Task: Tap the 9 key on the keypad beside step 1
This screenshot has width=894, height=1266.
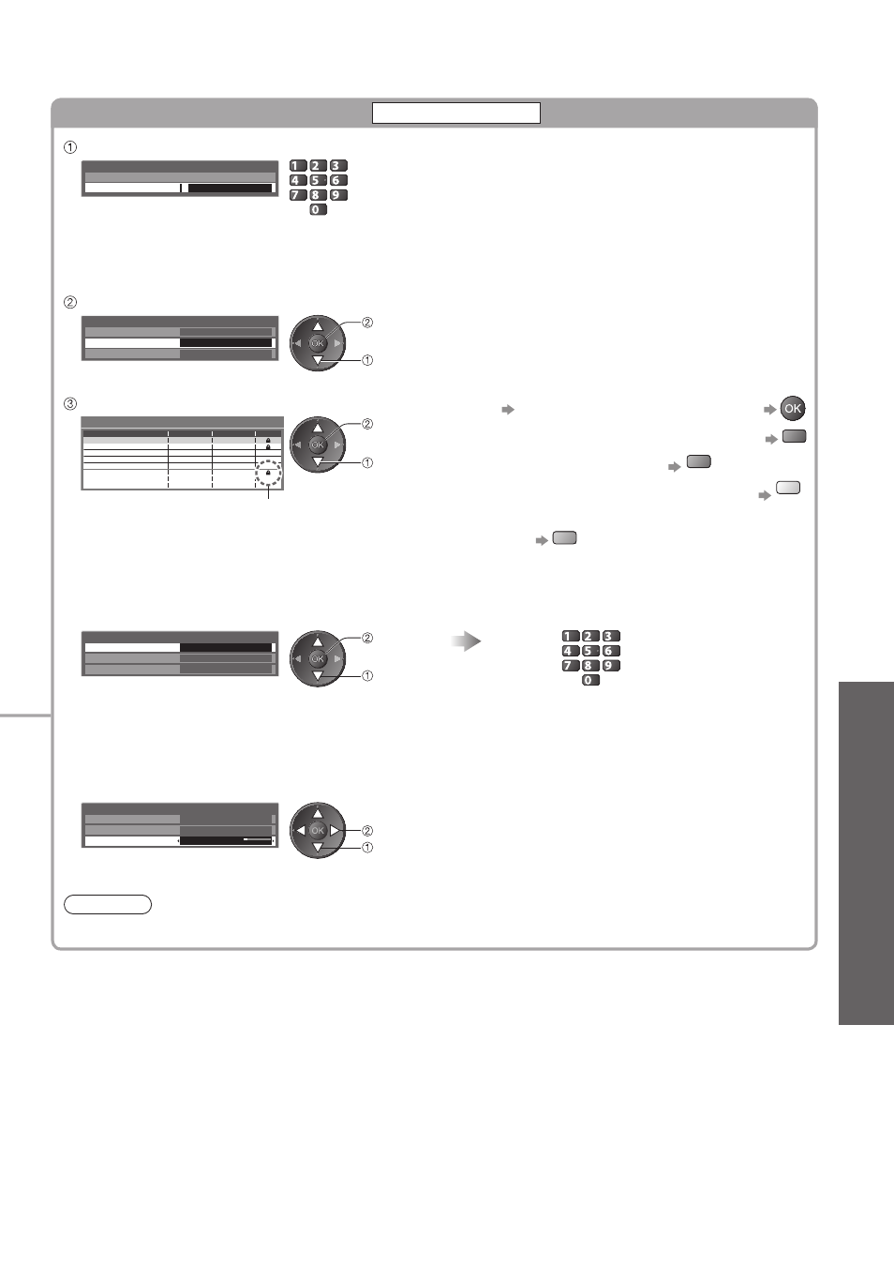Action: pyautogui.click(x=338, y=195)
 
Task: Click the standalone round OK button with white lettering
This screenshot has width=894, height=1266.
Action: pyautogui.click(x=793, y=409)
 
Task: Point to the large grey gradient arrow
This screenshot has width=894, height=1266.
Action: pyautogui.click(x=466, y=641)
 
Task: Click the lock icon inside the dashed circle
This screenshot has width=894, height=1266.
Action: pyautogui.click(x=268, y=473)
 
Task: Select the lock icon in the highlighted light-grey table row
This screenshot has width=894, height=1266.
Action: pyautogui.click(x=268, y=440)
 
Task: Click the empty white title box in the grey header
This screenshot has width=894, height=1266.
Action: pyautogui.click(x=456, y=113)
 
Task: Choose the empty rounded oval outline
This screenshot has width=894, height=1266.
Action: pyautogui.click(x=108, y=904)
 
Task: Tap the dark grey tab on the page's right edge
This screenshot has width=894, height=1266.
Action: pyautogui.click(x=866, y=853)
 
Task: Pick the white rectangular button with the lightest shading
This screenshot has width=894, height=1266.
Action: pyautogui.click(x=788, y=488)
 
